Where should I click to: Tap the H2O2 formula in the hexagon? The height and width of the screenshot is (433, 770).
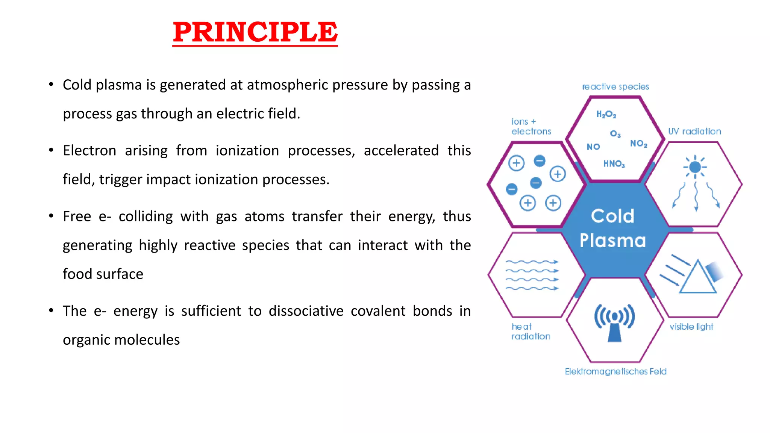(606, 114)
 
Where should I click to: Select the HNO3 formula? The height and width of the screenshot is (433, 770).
(614, 164)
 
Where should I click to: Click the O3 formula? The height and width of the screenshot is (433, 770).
(615, 134)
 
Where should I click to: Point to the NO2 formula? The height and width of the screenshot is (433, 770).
(638, 144)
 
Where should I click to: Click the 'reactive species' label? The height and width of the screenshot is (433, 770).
(615, 87)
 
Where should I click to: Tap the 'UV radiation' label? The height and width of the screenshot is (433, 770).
(694, 132)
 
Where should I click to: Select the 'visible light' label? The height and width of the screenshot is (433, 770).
(691, 327)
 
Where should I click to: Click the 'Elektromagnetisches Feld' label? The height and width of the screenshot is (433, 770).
(615, 371)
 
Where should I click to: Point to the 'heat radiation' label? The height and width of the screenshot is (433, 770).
(531, 332)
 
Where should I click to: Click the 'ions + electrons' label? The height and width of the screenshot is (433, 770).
(531, 127)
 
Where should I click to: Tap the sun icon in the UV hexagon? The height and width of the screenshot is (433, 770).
(695, 167)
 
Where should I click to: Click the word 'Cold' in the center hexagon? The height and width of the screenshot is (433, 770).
(612, 216)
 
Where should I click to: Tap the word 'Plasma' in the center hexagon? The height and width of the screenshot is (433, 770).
(612, 241)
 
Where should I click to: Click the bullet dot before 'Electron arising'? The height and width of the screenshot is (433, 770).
(51, 150)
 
